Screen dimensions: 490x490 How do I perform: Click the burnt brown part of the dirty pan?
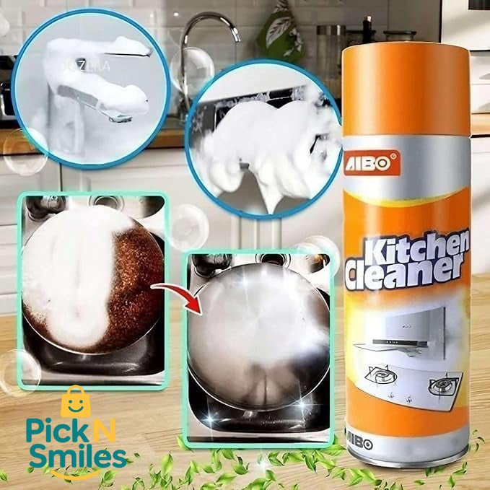pos(137,281)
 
